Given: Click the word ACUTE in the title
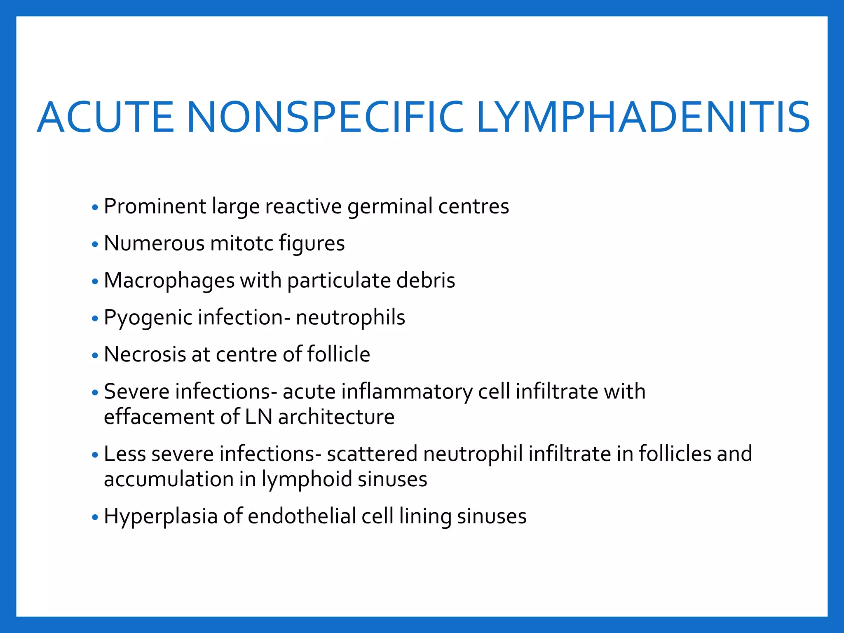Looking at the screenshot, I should click(105, 118).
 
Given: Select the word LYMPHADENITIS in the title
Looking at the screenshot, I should click(643, 118).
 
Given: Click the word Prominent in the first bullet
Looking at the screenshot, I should click(155, 206).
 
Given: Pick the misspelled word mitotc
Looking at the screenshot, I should click(241, 243).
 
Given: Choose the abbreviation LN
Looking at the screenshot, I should click(258, 417).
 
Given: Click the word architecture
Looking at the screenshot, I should click(336, 417).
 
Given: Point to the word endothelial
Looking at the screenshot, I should click(302, 516).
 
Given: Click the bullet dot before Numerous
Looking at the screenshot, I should click(95, 244).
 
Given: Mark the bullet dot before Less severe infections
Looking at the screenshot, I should click(95, 455).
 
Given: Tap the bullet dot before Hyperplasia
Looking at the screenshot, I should click(95, 517).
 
